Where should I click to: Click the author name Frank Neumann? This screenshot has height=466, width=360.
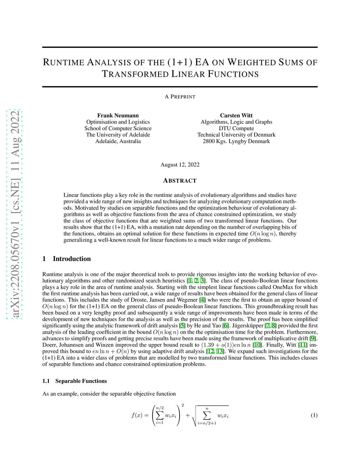[118, 115]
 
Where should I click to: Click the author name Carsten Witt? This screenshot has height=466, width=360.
[236, 115]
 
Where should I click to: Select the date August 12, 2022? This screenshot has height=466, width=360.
[180, 165]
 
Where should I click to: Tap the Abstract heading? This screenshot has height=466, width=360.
[180, 180]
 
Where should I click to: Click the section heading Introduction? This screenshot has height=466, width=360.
[72, 259]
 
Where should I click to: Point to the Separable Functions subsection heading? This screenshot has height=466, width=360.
[81, 381]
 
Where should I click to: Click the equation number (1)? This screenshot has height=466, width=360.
[314, 415]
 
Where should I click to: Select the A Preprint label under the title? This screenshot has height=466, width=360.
[180, 97]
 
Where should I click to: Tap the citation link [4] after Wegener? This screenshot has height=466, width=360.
[202, 300]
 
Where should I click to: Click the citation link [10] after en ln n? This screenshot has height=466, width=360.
[257, 345]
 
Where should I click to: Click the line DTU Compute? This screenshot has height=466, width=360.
[236, 128]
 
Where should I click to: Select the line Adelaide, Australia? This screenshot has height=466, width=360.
[118, 141]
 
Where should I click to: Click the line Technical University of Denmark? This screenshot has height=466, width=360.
[236, 135]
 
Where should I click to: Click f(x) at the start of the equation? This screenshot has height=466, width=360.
[137, 415]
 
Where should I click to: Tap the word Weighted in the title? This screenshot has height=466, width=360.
[251, 63]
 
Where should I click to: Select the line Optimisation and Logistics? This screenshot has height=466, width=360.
[118, 122]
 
